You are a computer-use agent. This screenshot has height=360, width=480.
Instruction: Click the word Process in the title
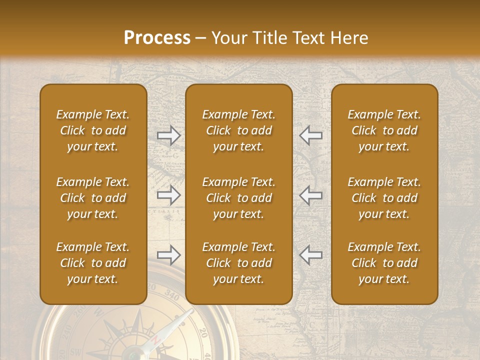pos(157,38)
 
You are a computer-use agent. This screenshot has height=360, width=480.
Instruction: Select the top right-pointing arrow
pos(168,135)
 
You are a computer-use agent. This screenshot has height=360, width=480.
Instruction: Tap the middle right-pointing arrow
pos(168,195)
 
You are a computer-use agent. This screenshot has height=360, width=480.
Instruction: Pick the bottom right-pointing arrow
pos(168,255)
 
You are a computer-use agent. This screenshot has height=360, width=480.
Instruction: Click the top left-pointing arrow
pos(311,135)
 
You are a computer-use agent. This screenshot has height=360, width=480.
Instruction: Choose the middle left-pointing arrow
pos(311,195)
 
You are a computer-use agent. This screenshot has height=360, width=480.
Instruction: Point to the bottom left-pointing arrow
pos(311,255)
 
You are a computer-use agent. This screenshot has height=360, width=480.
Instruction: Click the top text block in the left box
pos(93,130)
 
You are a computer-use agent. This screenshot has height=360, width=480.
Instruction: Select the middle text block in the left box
pos(93,198)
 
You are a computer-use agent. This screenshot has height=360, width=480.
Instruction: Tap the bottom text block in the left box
pos(93,263)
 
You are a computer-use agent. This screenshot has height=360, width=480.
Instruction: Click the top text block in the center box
pos(238,130)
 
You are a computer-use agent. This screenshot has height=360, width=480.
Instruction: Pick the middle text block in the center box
pos(238,198)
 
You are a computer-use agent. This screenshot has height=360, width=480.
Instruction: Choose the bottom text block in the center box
pos(238,263)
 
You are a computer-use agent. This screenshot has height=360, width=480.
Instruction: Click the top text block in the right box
pos(384,130)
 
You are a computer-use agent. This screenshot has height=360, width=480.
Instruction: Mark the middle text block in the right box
pos(384,198)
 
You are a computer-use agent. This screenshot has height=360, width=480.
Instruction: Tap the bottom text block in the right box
pos(384,263)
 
